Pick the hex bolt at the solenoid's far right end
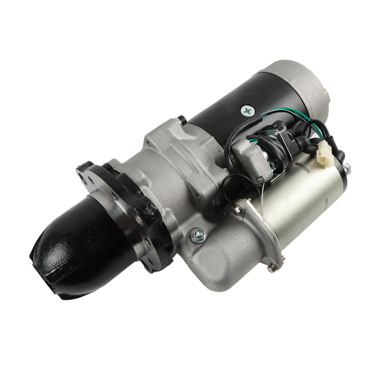347,168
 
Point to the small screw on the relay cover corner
260,180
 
